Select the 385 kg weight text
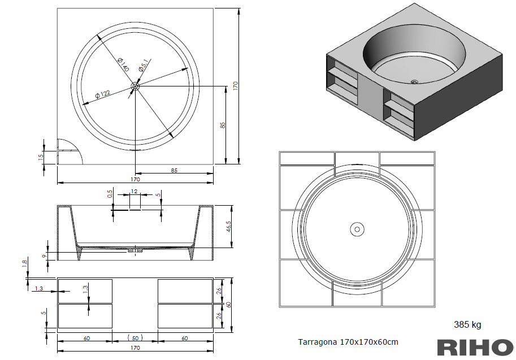coord(467,324)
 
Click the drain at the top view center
coord(135,86)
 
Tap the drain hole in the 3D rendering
coord(414,82)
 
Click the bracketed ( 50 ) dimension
coord(136,338)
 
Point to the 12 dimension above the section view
coord(135,192)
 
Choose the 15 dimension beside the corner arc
coord(41,157)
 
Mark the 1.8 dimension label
coord(24,264)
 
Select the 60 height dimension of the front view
coord(228,304)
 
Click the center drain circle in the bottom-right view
coord(357,229)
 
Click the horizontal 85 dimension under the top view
coord(174,170)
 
